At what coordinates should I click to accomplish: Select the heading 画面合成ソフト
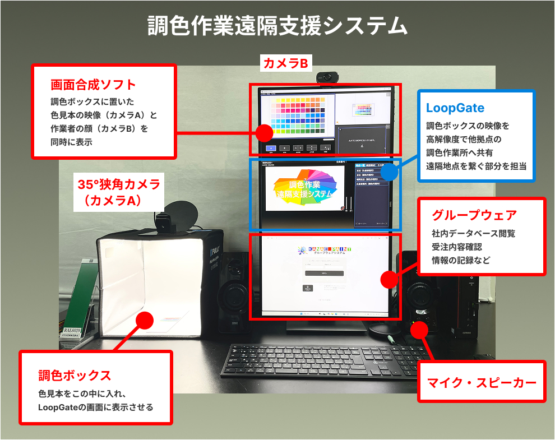pos(93,85)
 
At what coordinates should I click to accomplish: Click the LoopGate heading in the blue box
pos(455,108)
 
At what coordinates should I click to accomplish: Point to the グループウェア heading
pos(474,215)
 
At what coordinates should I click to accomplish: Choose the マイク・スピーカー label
pos(482,383)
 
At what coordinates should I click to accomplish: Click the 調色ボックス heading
pos(75,375)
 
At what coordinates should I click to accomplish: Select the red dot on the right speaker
pos(419,330)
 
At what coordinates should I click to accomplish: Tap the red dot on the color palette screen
pos(264,133)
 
